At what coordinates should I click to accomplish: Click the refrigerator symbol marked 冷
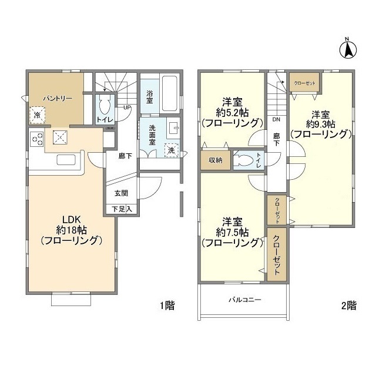[x=37, y=115]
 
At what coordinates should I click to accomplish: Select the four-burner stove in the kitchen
[x=36, y=139]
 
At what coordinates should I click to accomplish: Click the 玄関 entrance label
[x=120, y=193]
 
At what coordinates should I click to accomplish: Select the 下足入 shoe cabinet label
[x=121, y=209]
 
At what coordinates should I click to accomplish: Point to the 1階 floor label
[x=167, y=305]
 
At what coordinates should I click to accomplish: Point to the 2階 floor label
[x=348, y=305]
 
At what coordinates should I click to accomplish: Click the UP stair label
[x=126, y=108]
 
